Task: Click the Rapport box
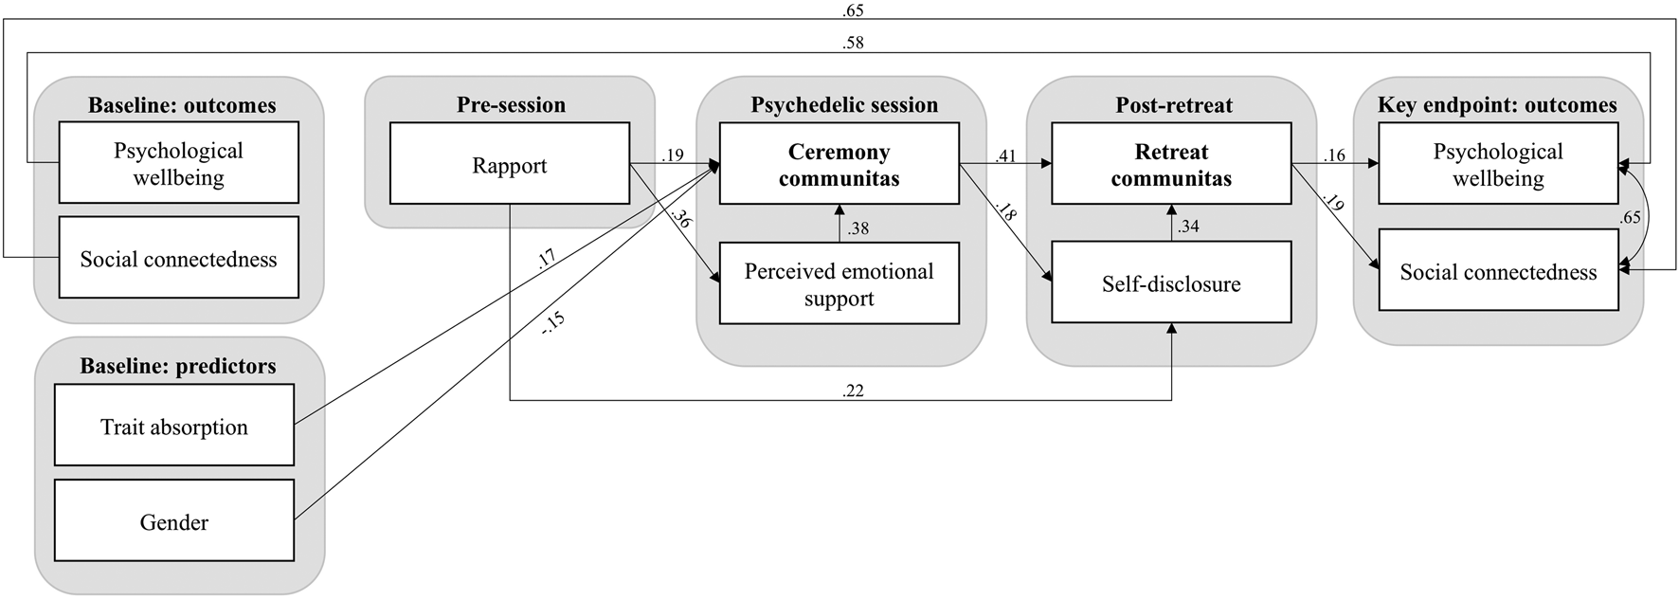pos(509,163)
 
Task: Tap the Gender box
pos(173,520)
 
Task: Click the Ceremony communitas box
pos(839,163)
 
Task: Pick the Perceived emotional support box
pos(839,283)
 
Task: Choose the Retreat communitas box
pos(1171,163)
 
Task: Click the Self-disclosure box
pos(1171,282)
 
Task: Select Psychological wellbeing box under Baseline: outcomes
pos(178,162)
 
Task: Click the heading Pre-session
pos(511,104)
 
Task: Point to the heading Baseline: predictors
pos(178,366)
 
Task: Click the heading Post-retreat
pos(1173,104)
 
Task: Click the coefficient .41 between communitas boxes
pos(1005,155)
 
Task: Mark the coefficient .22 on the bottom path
pos(852,390)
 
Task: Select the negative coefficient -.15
pos(552,322)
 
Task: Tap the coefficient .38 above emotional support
pos(858,227)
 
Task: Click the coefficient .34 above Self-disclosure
pos(1188,226)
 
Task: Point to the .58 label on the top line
pos(852,43)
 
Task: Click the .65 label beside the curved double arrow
pos(1630,217)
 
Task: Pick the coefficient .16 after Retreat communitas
pos(1334,155)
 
